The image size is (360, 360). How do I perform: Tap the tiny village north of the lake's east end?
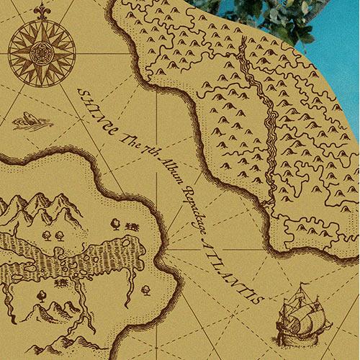pyautogui.click(x=132, y=227)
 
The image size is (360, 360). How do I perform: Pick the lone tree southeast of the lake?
pyautogui.click(x=145, y=290)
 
